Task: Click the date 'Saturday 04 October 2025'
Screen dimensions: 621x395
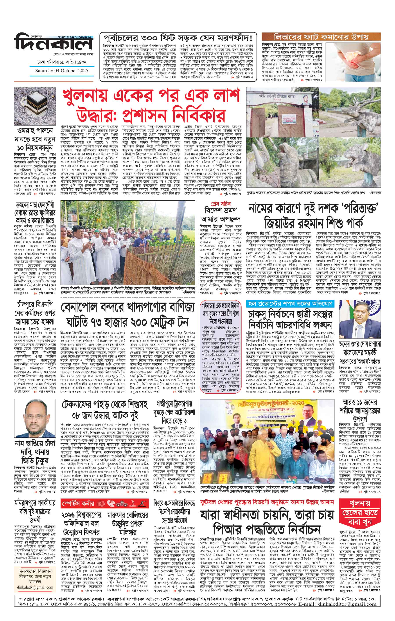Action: pos(62,71)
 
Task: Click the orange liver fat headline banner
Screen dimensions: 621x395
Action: pos(321,37)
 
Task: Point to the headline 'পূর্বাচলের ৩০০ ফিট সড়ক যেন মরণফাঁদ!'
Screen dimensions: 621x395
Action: pos(178,38)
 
